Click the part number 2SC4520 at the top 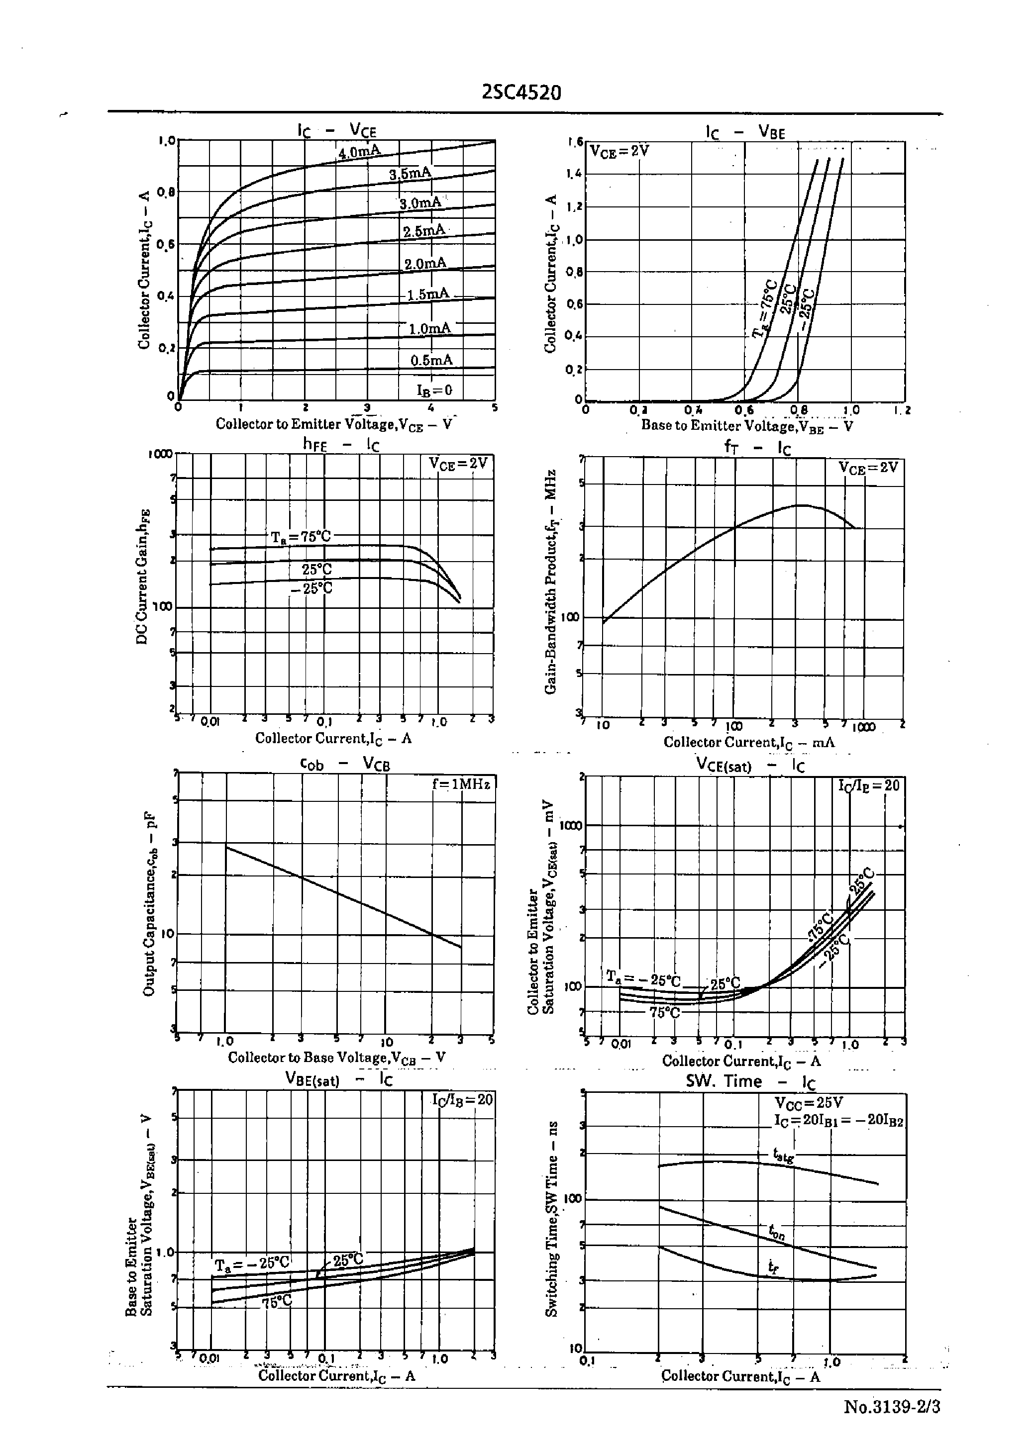(521, 93)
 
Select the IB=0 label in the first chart (434, 390)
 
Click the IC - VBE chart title (745, 132)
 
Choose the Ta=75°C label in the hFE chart (301, 536)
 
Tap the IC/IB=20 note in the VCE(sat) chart (869, 785)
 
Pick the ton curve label (776, 1233)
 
